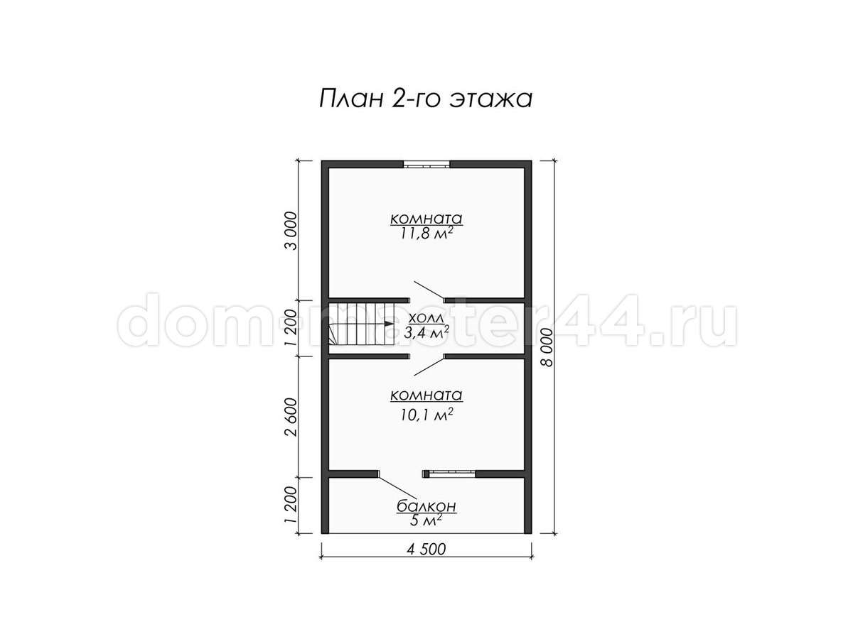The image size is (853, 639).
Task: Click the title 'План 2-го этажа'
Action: tap(426, 99)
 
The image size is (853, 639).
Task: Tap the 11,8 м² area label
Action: tap(426, 234)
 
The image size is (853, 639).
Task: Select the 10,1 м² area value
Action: tap(426, 415)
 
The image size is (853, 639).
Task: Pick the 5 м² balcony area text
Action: tap(426, 520)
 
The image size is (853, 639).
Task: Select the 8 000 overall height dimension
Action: tap(547, 347)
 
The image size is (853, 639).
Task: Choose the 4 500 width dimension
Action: tap(426, 550)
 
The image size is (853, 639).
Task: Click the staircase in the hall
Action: tap(361, 324)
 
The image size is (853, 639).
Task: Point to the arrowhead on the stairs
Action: tap(388, 323)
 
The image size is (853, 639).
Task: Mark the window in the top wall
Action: tap(426, 165)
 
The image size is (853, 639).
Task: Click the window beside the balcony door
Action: tap(449, 474)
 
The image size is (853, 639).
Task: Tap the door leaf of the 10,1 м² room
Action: tap(429, 366)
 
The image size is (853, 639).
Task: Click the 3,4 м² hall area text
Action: tap(426, 333)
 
